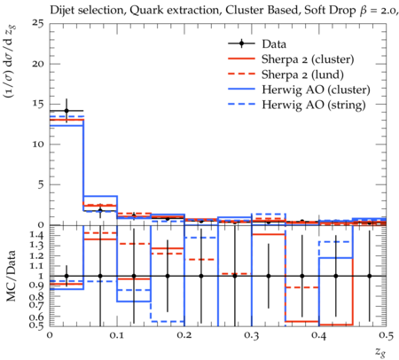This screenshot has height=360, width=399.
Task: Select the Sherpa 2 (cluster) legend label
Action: point(308,59)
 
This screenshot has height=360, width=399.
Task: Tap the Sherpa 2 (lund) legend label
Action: point(302,74)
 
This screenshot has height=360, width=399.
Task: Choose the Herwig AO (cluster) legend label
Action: point(316,90)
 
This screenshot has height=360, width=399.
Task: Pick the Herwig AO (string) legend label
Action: point(314,105)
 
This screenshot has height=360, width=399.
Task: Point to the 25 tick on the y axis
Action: point(38,23)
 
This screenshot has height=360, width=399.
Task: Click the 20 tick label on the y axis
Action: point(38,64)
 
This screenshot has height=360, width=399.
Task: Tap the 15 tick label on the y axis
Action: point(38,104)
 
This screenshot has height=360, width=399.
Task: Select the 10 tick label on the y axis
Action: point(38,145)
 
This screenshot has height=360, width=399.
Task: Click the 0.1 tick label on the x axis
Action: point(117,336)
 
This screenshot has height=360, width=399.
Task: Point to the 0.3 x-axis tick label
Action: point(252,336)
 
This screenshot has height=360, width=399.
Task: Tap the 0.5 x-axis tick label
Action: point(387,336)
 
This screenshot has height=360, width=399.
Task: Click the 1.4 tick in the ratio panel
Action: point(37,236)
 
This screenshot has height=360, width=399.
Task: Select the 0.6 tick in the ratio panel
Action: point(37,317)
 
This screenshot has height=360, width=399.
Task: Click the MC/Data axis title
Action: point(11,276)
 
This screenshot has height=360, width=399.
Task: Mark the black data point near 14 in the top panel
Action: point(66,111)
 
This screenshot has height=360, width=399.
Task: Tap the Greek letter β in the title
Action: point(364,12)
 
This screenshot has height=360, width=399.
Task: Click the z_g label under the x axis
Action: point(380,351)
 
